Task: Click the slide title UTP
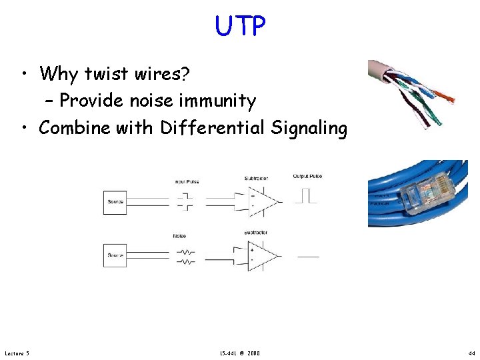[x=240, y=26]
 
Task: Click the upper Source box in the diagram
[x=115, y=202]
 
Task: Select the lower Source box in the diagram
[x=115, y=255]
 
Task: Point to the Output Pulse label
[x=307, y=177]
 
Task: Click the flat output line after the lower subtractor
[x=307, y=257]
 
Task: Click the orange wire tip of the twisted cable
[x=449, y=100]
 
